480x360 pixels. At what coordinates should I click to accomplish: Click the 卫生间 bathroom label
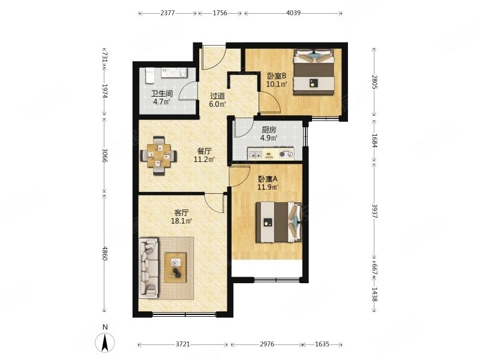[x=162, y=94]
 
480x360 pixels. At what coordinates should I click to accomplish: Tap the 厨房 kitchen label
[x=269, y=130]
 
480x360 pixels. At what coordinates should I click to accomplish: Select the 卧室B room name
[x=277, y=76]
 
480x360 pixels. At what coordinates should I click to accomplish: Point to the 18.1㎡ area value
[x=181, y=221]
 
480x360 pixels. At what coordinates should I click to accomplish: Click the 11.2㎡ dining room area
[x=204, y=159]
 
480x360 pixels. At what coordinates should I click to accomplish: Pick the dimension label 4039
[x=293, y=13]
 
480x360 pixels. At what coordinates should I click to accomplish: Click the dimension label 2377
[x=167, y=13]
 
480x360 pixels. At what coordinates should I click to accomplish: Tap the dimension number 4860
[x=104, y=253]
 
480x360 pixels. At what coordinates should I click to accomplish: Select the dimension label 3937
[x=374, y=211]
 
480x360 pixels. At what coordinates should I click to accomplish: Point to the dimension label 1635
[x=322, y=344]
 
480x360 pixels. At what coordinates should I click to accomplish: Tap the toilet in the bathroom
[x=149, y=76]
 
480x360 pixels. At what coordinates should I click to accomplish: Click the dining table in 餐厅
[x=158, y=155]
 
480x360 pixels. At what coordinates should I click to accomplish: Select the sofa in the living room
[x=149, y=268]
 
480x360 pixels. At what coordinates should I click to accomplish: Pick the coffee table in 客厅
[x=175, y=268]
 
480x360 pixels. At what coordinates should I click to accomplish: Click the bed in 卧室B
[x=313, y=72]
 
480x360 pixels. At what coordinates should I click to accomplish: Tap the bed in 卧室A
[x=279, y=222]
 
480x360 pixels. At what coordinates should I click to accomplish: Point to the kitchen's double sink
[x=255, y=154]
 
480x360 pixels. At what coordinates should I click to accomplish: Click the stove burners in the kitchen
[x=286, y=154]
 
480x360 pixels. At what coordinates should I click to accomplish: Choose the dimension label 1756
[x=220, y=13]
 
